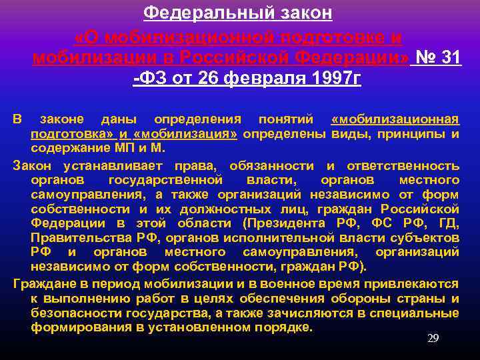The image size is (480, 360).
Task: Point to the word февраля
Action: click(260, 79)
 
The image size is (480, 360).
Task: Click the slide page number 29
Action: click(433, 339)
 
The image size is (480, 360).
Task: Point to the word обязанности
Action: click(273, 165)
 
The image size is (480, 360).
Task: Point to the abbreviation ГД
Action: click(448, 223)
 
